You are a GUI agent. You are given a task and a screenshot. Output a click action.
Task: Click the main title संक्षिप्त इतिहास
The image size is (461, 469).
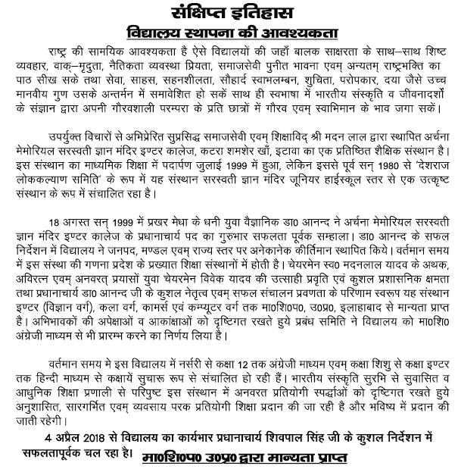(x=230, y=12)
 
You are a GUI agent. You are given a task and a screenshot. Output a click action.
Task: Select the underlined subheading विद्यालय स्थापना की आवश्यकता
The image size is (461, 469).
(x=230, y=32)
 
